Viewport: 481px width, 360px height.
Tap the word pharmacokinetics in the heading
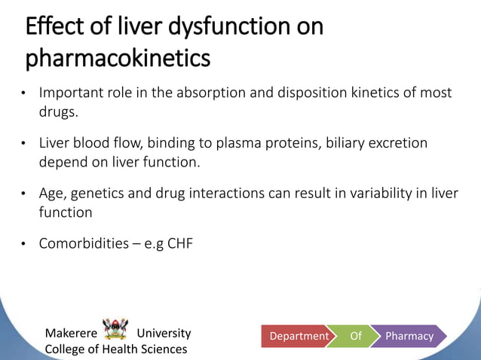tap(118, 58)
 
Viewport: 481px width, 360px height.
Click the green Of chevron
tap(356, 336)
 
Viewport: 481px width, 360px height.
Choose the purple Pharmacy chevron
tap(409, 336)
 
